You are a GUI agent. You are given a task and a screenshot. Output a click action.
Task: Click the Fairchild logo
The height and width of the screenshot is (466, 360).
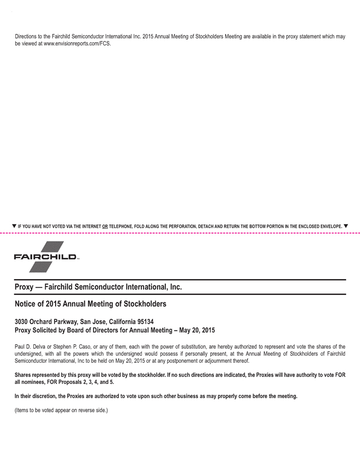point(47,257)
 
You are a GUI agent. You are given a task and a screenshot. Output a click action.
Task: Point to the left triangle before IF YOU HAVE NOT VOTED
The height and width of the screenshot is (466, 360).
point(14,226)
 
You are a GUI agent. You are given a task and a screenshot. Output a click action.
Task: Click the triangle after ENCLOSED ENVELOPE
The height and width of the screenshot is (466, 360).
point(346,226)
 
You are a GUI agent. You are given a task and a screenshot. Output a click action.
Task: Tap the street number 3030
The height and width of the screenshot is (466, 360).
point(23,321)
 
